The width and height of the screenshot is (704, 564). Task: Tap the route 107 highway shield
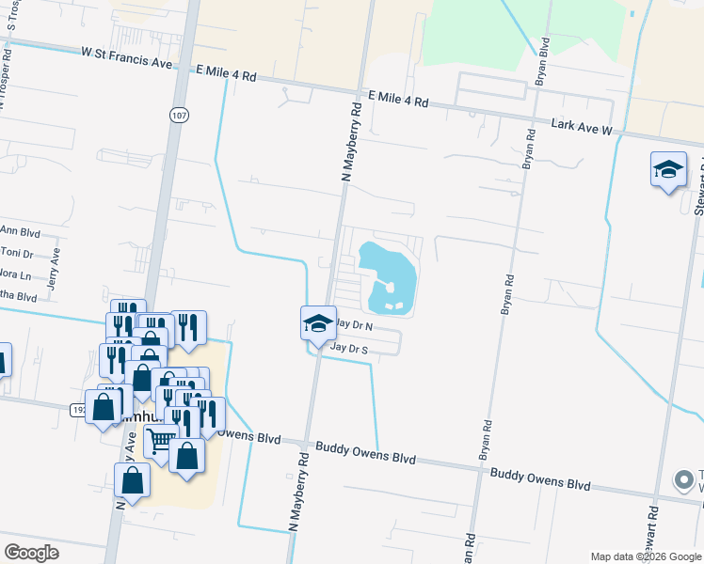pyautogui.click(x=179, y=114)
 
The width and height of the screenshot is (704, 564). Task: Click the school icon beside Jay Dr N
pyautogui.click(x=318, y=323)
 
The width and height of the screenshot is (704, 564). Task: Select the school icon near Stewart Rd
pyautogui.click(x=668, y=170)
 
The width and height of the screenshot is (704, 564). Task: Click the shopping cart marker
pyautogui.click(x=160, y=440)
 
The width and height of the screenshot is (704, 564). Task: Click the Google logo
pyautogui.click(x=31, y=552)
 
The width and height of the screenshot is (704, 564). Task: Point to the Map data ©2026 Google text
pyautogui.click(x=645, y=556)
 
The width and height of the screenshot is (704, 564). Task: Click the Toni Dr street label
pyautogui.click(x=16, y=252)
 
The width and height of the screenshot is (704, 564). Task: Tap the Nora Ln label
pyautogui.click(x=15, y=275)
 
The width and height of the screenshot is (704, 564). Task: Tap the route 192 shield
pyautogui.click(x=79, y=409)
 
